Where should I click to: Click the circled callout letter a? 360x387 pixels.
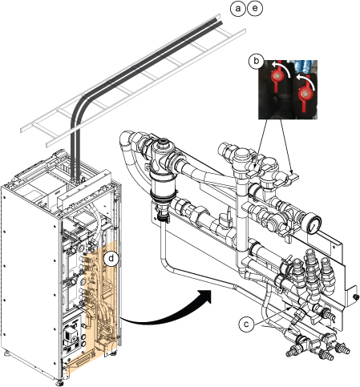point(237,9)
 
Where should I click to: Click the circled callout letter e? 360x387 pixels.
point(255,9)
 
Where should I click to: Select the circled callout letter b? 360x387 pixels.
point(256,62)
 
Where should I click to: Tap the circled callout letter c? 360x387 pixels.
point(246,324)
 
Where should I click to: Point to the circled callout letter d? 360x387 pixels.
point(111,259)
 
